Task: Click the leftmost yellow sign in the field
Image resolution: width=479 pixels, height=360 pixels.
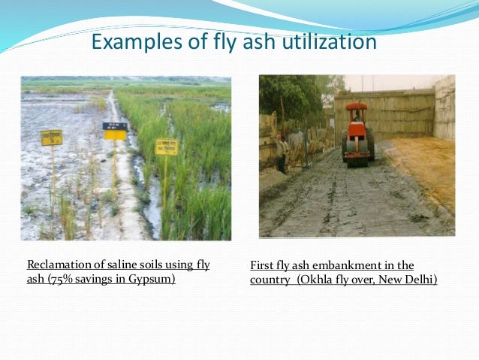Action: point(52,138)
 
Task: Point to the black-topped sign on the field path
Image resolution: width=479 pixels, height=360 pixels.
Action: point(115,131)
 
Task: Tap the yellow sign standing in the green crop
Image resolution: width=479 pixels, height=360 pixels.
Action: point(166,147)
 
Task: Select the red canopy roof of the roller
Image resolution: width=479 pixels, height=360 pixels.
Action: point(357,107)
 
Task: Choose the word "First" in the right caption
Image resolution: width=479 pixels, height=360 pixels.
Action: point(262,265)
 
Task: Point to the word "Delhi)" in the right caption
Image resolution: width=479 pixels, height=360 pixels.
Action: point(419,280)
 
